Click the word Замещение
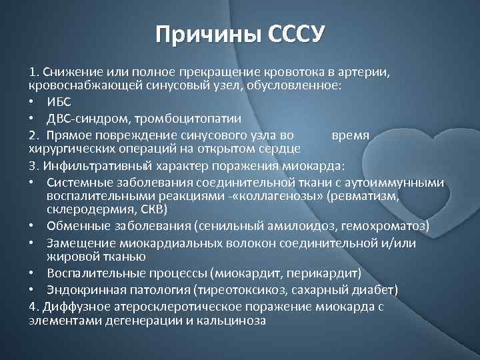77,243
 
